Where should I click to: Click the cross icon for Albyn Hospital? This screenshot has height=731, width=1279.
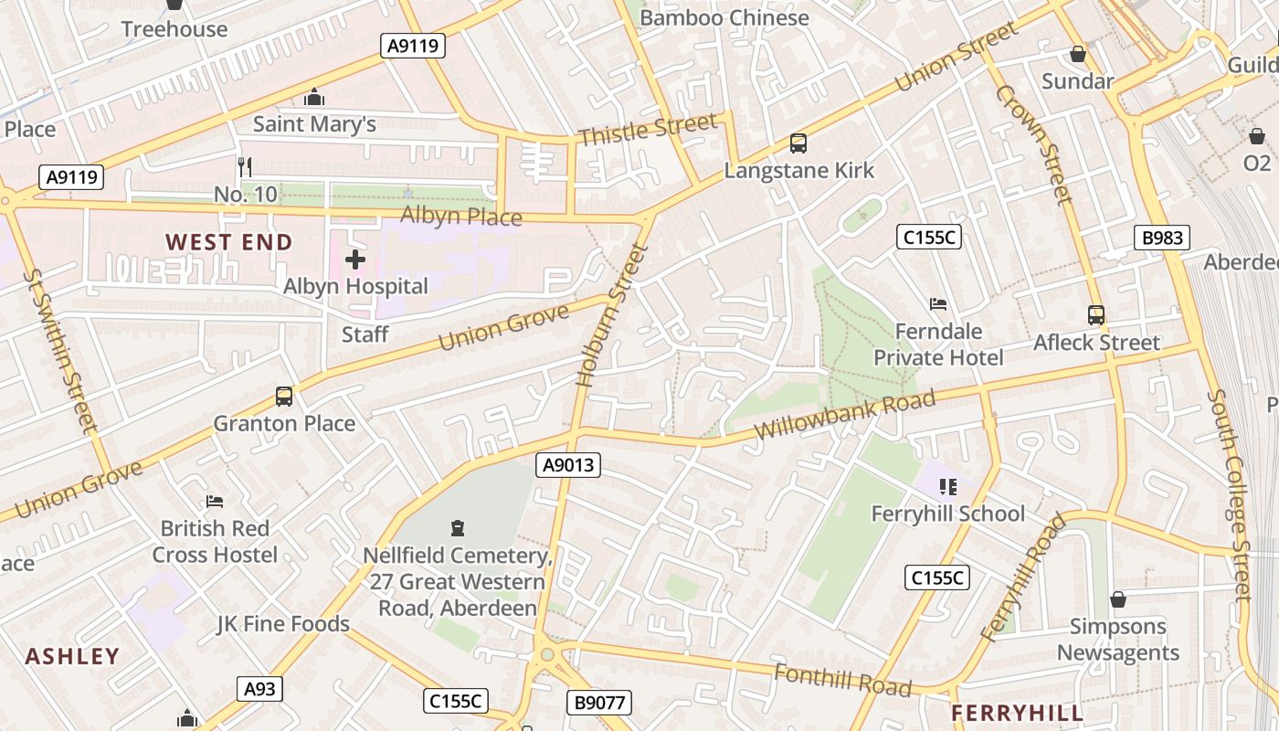point(355,260)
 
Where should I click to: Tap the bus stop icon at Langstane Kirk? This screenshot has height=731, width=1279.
point(798,143)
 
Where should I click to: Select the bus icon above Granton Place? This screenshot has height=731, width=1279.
point(284,397)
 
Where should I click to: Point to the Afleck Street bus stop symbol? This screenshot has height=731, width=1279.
point(1096,315)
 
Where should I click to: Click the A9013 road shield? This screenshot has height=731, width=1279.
point(568,465)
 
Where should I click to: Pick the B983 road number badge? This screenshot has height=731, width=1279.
point(1162,238)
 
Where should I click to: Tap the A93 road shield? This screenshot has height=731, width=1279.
point(259,689)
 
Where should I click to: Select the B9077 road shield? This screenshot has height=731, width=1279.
point(598,703)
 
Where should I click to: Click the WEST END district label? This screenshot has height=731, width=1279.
point(228,242)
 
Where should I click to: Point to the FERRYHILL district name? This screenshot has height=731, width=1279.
point(1017,713)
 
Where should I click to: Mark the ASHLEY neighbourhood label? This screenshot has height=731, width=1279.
point(72,656)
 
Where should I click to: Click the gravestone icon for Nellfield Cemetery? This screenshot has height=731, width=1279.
point(458,528)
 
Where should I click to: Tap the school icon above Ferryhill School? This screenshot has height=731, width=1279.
point(947,487)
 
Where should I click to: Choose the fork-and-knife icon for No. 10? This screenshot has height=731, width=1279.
point(244,166)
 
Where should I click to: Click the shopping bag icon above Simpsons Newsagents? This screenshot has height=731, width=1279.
point(1117,599)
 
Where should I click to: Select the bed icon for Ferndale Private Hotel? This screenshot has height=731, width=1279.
point(937,304)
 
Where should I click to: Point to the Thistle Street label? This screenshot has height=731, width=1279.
point(648,130)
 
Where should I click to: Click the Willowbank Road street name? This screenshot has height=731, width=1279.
point(845,415)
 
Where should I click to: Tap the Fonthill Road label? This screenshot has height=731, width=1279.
point(842,680)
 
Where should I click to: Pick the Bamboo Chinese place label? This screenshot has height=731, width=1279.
point(724,17)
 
